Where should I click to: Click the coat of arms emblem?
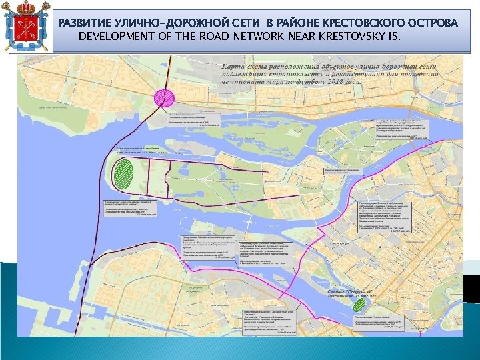(27, 27)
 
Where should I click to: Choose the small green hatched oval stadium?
(360, 305)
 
